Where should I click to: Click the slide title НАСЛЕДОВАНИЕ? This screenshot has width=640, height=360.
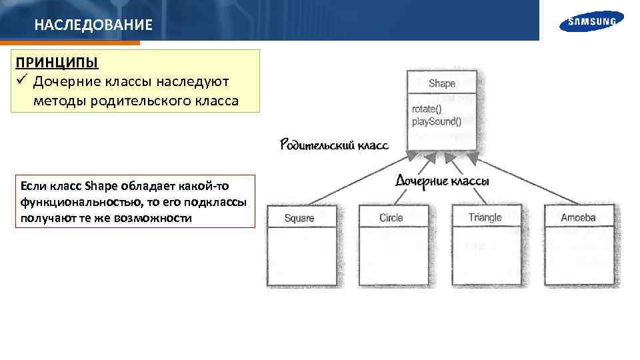[93, 26]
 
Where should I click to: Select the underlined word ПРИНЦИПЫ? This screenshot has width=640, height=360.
[57, 63]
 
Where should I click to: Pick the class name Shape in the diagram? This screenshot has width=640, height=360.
[442, 83]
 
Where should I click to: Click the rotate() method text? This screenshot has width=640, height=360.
[427, 109]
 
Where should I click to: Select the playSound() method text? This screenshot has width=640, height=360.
[436, 121]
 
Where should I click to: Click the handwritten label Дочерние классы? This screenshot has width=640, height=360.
[443, 181]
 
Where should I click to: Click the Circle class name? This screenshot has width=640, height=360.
[391, 218]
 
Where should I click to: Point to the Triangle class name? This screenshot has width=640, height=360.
[485, 218]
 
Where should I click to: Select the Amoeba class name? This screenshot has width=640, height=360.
[578, 218]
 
